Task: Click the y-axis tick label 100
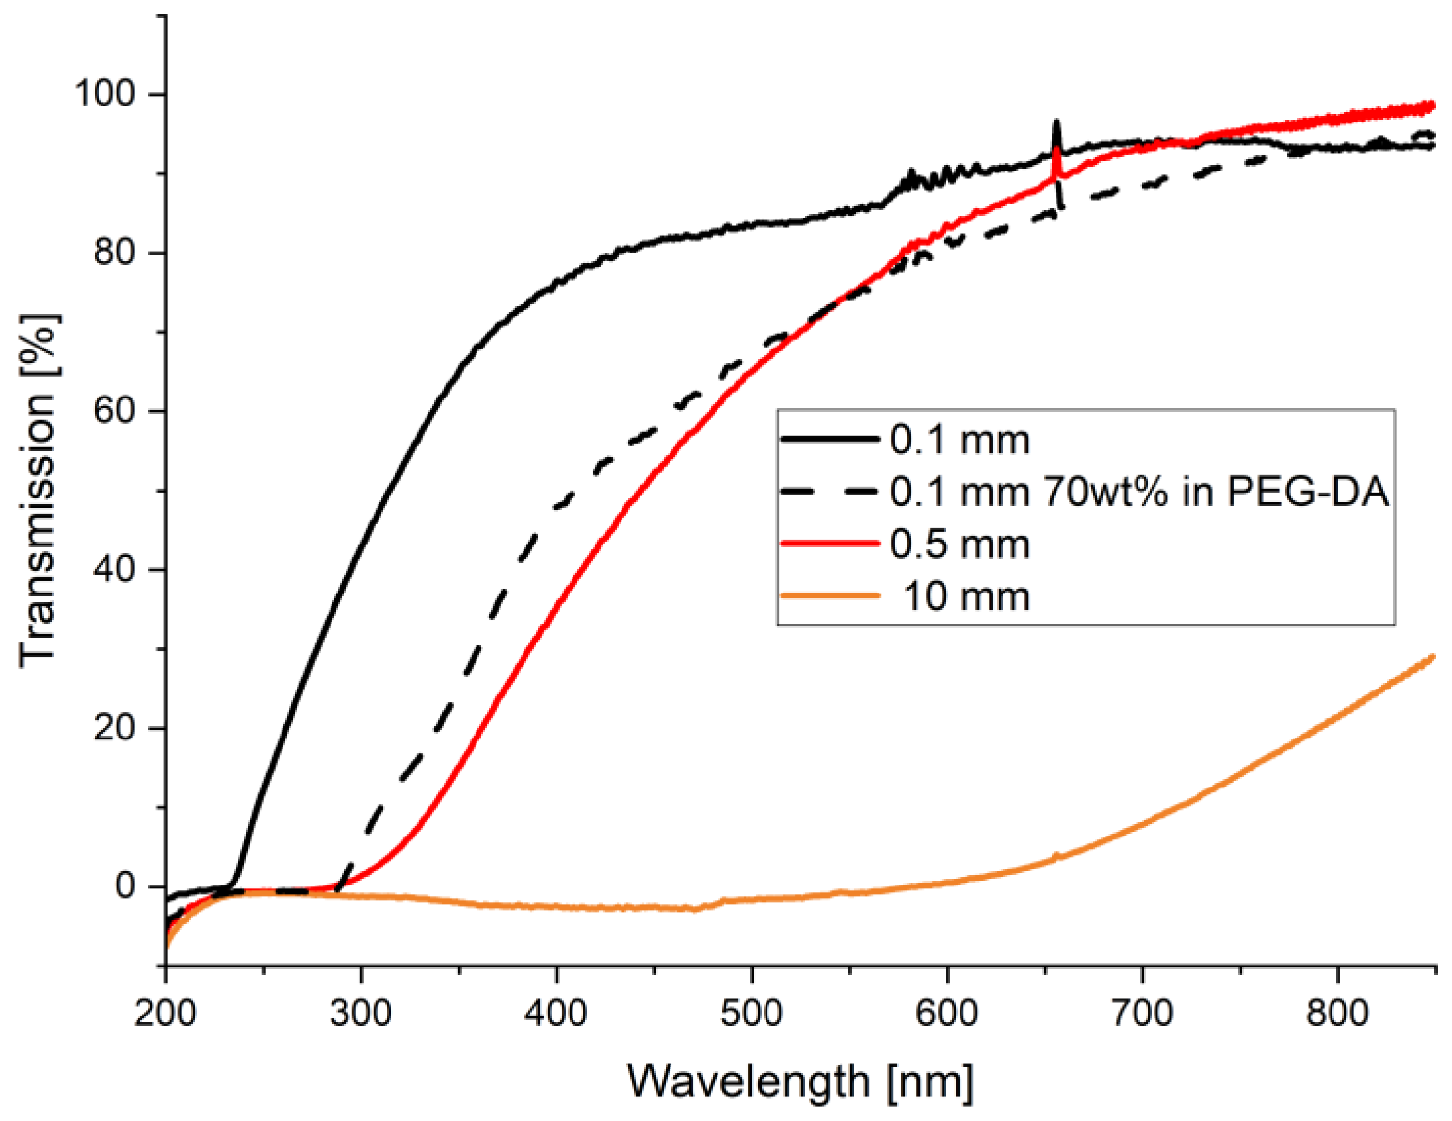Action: pyautogui.click(x=105, y=94)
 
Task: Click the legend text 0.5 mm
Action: pyautogui.click(x=960, y=545)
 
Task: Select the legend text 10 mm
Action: pyautogui.click(x=966, y=596)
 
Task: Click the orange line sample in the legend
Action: pyautogui.click(x=830, y=596)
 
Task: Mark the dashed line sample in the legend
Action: pyautogui.click(x=830, y=492)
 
